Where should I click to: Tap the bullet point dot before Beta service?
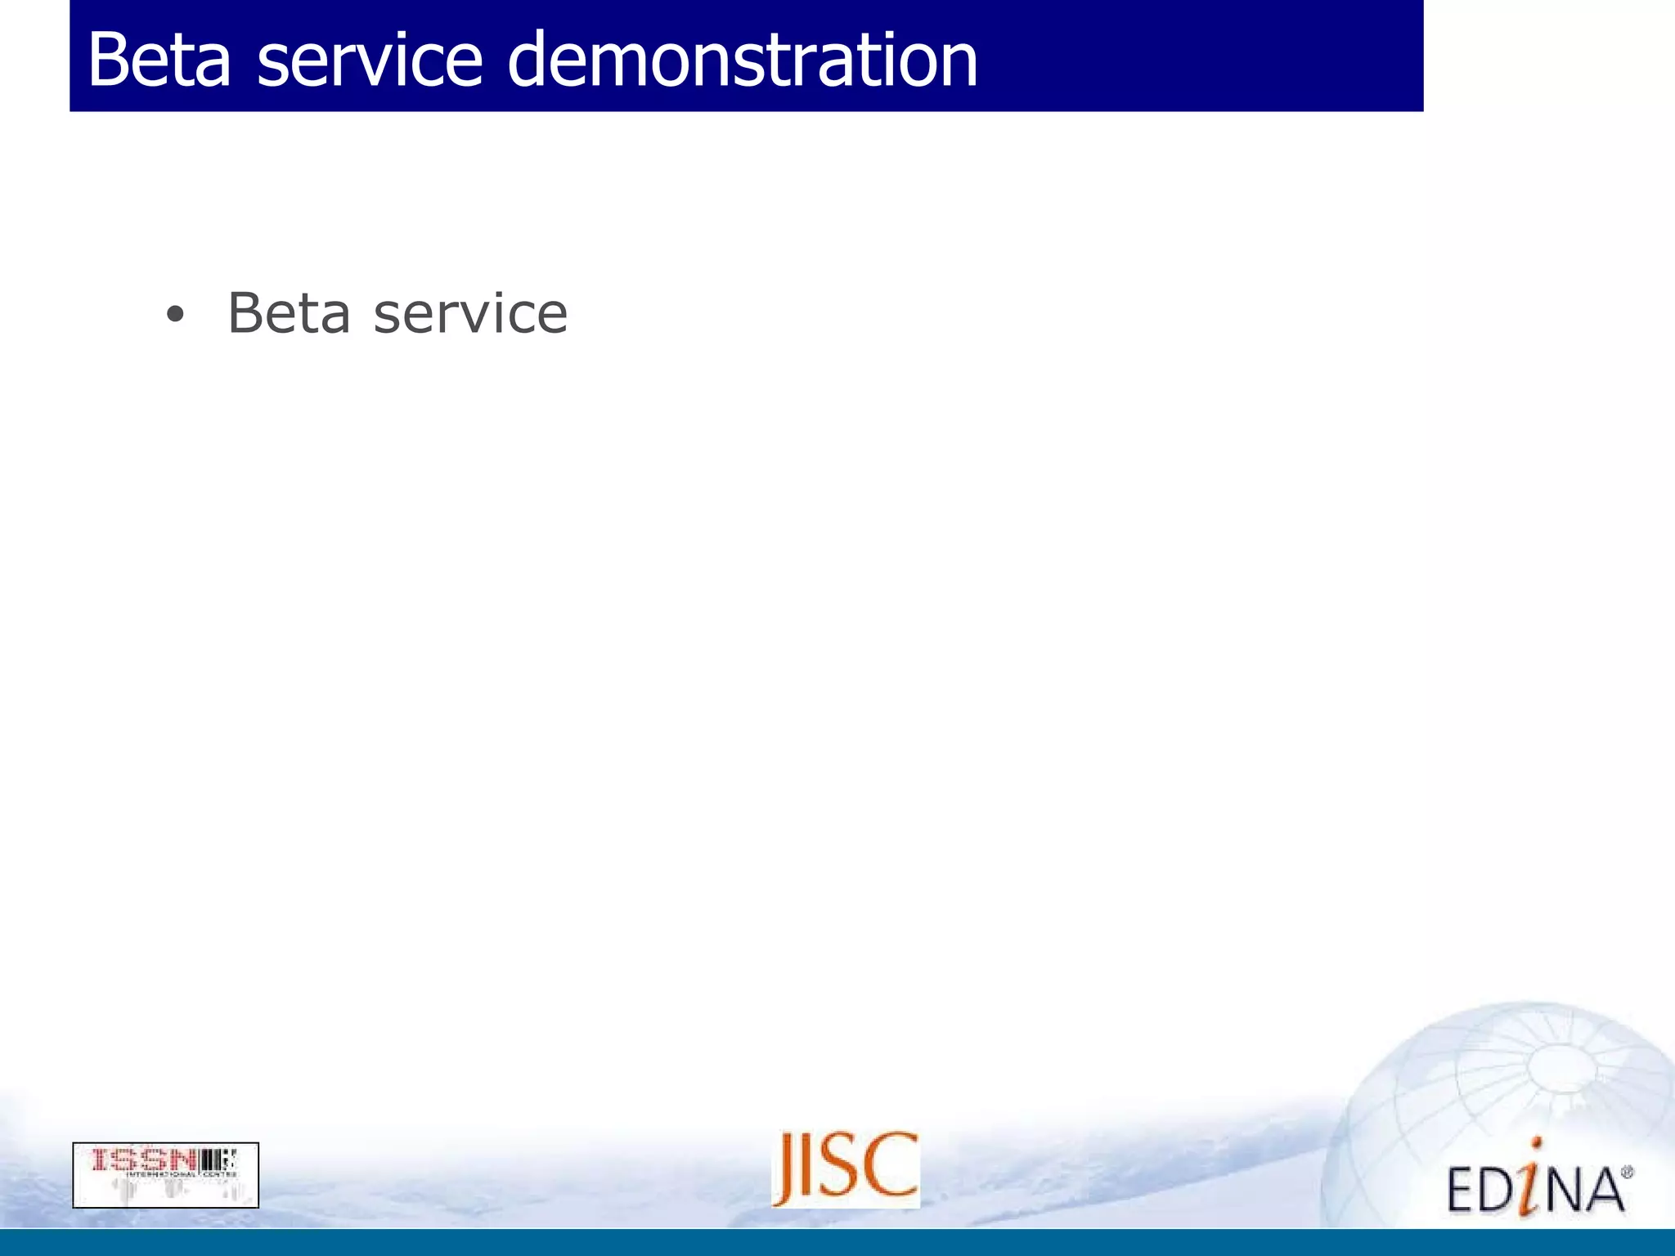(174, 316)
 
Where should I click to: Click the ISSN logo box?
(165, 1175)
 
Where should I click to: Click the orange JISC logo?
(846, 1169)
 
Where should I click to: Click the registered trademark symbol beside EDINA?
(1627, 1173)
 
